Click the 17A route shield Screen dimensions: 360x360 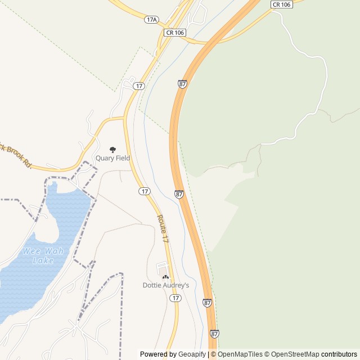[x=151, y=19]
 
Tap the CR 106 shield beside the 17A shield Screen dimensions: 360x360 [x=175, y=33]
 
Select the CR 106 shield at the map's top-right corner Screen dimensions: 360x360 [x=281, y=4]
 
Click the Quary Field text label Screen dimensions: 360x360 [x=112, y=159]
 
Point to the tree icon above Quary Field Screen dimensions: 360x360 [x=112, y=150]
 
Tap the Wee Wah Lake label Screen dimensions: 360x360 [x=43, y=256]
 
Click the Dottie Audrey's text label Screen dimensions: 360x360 [x=165, y=285]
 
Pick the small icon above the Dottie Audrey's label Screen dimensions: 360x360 [x=165, y=277]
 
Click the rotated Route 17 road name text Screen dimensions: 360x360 [x=163, y=228]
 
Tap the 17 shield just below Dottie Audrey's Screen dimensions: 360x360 [x=176, y=298]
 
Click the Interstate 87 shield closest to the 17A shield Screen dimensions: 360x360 [x=182, y=83]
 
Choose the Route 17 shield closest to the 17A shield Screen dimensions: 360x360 [x=139, y=85]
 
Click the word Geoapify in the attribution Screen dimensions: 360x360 [x=192, y=354]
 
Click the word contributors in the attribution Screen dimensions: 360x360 [x=339, y=354]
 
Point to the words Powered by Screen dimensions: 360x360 [x=158, y=354]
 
